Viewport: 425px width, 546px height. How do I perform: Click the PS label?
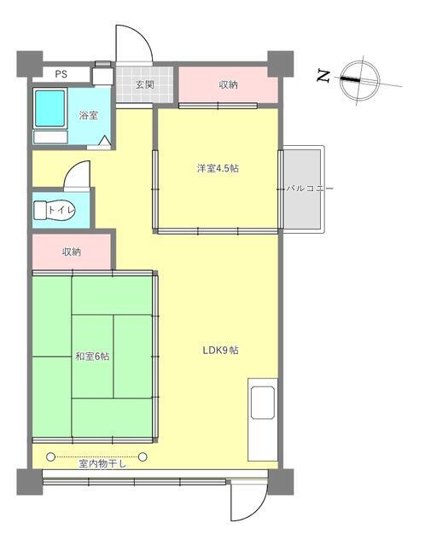pyautogui.click(x=61, y=74)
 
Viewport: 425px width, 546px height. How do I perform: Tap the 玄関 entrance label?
pyautogui.click(x=145, y=84)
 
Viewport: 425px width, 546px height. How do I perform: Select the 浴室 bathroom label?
pyautogui.click(x=89, y=115)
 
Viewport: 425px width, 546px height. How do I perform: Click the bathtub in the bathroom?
pyautogui.click(x=50, y=108)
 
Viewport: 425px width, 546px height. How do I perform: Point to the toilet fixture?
pyautogui.click(x=54, y=211)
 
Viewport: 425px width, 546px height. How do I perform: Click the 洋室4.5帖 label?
pyautogui.click(x=218, y=169)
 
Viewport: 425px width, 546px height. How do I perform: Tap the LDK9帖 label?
pyautogui.click(x=220, y=351)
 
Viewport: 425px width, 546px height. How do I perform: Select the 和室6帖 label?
pyautogui.click(x=93, y=357)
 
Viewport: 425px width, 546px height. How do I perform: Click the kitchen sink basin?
pyautogui.click(x=263, y=403)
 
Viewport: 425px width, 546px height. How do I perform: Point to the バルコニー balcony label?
pyautogui.click(x=309, y=189)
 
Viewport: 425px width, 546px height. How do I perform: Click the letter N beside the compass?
pyautogui.click(x=323, y=76)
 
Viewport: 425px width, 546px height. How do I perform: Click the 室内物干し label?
pyautogui.click(x=102, y=464)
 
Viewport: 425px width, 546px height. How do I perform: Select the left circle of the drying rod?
pyautogui.click(x=51, y=456)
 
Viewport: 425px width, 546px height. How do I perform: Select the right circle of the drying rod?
pyautogui.click(x=143, y=456)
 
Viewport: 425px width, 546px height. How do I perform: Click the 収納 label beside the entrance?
pyautogui.click(x=228, y=84)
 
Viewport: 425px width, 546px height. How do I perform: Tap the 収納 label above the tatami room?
pyautogui.click(x=72, y=252)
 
